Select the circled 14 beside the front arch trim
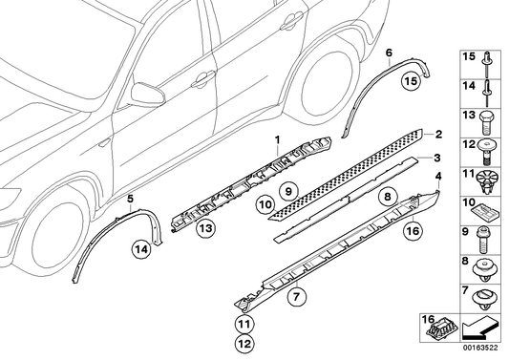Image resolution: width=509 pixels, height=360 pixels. [x=141, y=250]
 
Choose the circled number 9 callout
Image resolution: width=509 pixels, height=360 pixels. [x=285, y=191]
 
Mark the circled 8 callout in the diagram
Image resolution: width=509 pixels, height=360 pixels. [x=387, y=198]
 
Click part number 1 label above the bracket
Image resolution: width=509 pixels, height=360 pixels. [x=277, y=140]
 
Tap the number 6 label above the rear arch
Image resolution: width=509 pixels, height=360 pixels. [x=388, y=53]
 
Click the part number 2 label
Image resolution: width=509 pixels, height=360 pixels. [x=439, y=135]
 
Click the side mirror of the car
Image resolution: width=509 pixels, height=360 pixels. [x=149, y=94]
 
